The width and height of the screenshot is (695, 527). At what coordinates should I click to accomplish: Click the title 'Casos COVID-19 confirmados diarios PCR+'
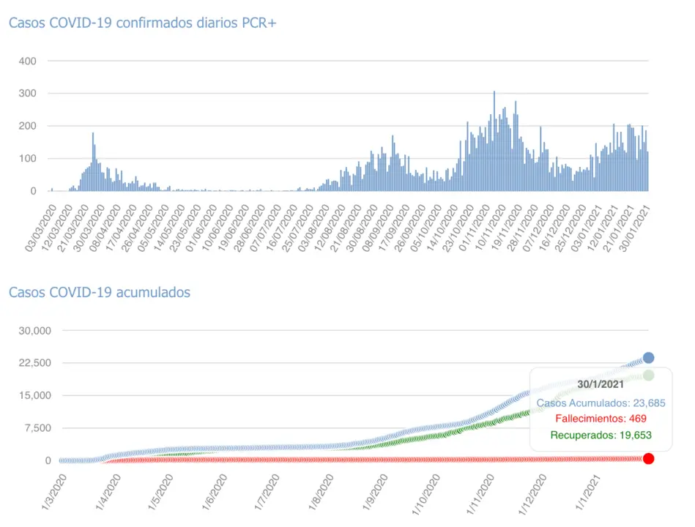tap(142, 23)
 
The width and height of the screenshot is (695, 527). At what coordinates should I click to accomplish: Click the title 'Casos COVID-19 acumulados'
tap(99, 292)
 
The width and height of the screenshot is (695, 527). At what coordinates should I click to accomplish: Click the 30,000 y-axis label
tap(34, 331)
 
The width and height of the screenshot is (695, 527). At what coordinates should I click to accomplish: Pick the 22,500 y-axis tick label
tap(34, 363)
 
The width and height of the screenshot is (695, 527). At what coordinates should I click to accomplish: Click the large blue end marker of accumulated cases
tap(648, 358)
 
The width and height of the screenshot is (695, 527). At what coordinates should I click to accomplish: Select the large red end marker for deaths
tap(648, 458)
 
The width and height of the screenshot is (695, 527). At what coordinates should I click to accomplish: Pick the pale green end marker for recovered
tap(648, 375)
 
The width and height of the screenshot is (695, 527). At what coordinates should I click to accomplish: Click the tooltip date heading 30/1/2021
tap(600, 384)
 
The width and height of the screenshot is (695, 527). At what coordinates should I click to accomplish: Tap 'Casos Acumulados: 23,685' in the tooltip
tap(601, 403)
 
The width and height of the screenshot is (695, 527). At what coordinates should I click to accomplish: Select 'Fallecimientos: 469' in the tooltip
tap(601, 419)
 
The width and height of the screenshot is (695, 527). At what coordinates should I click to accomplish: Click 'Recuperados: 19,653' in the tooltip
tap(601, 435)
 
